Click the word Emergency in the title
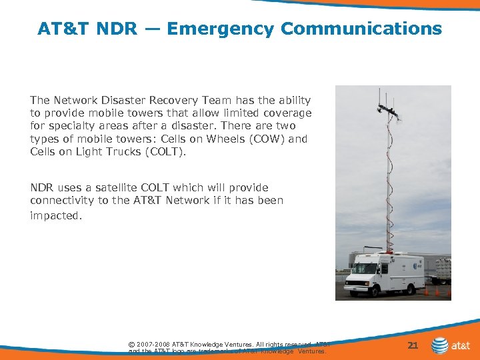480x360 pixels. click(x=220, y=29)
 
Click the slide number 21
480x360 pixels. click(x=413, y=345)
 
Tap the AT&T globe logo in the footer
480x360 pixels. click(x=440, y=345)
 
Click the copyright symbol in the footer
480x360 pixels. click(x=131, y=345)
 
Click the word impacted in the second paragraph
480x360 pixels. click(x=55, y=216)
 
